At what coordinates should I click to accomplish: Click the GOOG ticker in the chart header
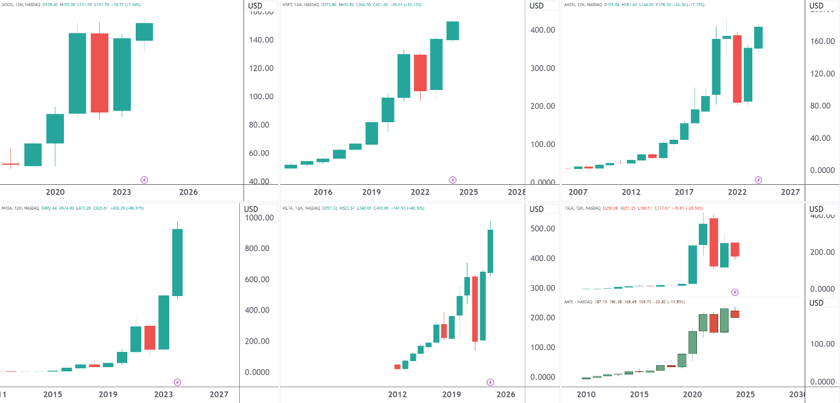coord(8,4)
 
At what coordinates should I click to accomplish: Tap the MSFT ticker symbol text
coord(288,4)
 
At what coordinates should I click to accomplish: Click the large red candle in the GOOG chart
coord(99,73)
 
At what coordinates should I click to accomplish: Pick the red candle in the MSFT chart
coord(420,73)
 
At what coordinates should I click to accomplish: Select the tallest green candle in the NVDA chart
coord(178,263)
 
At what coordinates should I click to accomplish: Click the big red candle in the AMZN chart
coord(737,69)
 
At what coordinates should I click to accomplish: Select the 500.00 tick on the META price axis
coord(542,229)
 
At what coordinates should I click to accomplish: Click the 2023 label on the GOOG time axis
coord(122,192)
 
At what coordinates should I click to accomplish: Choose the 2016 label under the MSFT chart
coord(323,192)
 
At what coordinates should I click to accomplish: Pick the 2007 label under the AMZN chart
coord(578,192)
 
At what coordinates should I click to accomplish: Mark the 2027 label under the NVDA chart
coord(219,394)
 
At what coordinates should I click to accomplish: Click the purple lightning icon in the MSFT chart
coord(453,180)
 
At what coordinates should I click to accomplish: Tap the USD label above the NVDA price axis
coord(251,209)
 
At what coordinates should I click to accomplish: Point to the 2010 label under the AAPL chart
coord(586,394)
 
